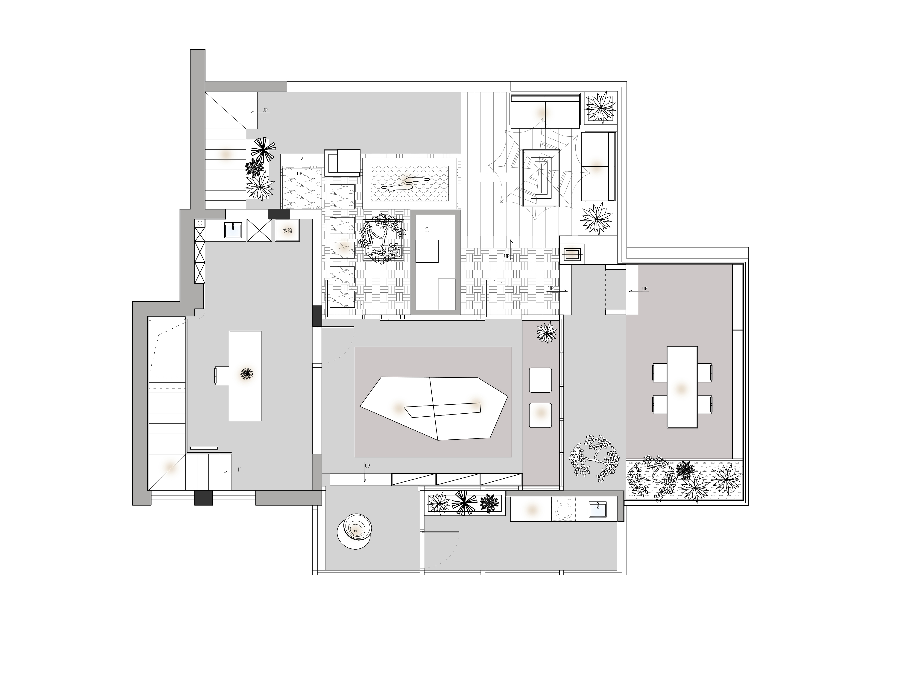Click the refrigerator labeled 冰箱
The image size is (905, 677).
(287, 230)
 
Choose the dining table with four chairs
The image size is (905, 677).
(682, 387)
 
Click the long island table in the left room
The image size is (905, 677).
(245, 376)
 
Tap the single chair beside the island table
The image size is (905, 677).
(221, 376)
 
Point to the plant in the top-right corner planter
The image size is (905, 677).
(600, 107)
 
